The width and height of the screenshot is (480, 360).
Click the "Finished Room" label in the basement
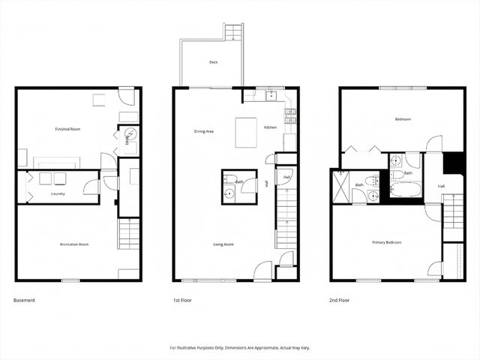coord(67,129)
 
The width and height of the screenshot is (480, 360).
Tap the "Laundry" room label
coord(58,194)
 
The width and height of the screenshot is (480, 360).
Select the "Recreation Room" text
coord(75,244)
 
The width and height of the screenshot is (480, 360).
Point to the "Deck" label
coord(214,63)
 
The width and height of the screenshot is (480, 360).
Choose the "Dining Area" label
coord(204,131)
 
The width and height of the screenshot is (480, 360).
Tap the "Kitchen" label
coord(271,127)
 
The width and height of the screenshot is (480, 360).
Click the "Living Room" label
coord(224,244)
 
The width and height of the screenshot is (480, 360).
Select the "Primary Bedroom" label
coord(387,242)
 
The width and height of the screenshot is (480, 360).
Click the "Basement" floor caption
coord(24,300)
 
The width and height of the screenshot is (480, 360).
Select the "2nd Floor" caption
coord(339,300)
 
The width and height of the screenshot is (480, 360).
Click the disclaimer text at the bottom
coord(240,348)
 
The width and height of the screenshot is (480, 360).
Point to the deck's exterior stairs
coord(233,32)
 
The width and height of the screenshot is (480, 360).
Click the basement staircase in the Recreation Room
coord(129,234)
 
